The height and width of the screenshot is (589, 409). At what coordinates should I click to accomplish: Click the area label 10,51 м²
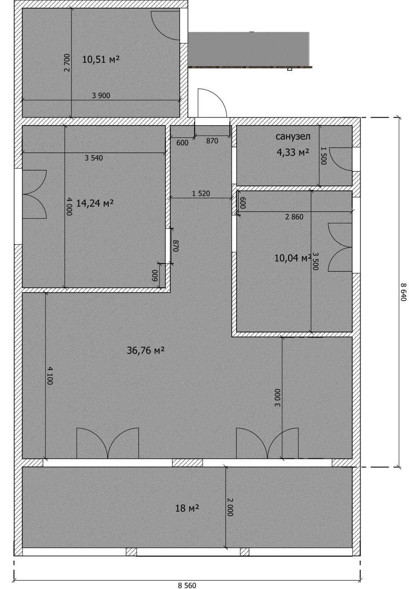pos(101,59)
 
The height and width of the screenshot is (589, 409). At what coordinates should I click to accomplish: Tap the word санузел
pos(293,136)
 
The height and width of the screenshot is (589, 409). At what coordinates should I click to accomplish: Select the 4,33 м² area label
pos(293,152)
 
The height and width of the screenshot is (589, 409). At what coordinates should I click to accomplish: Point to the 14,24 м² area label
pos(95,203)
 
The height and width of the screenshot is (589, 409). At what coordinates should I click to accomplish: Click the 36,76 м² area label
pos(146,350)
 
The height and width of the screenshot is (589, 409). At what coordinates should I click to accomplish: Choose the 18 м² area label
pos(187,508)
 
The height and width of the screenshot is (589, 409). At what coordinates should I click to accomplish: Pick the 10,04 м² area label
pos(293,258)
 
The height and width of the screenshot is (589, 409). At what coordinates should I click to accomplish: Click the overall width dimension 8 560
pos(187,585)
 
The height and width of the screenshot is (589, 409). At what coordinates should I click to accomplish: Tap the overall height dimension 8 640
pos(404,292)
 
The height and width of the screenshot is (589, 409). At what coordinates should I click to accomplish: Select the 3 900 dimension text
pos(101,95)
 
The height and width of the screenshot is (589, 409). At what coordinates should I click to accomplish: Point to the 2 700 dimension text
pos(67,63)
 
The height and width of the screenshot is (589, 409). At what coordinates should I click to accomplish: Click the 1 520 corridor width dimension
pos(201,194)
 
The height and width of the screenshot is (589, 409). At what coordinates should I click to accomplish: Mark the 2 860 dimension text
pos(294,217)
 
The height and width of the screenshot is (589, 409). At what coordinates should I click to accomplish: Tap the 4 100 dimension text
pos(50,376)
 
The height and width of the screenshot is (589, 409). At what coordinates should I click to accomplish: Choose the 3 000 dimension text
pos(278,398)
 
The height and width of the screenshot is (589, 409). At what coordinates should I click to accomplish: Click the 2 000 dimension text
pos(230,507)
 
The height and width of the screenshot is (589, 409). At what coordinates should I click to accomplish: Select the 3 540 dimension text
pos(94,158)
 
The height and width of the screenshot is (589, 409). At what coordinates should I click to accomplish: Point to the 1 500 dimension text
pos(324,156)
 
